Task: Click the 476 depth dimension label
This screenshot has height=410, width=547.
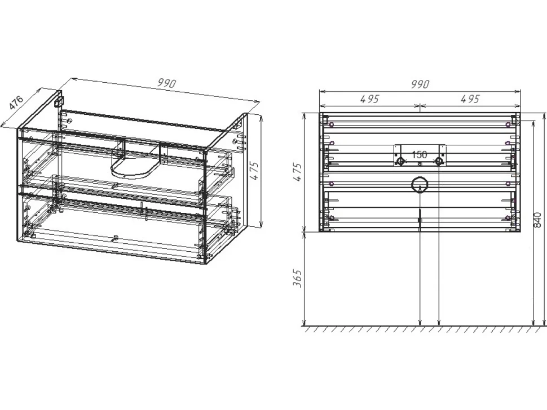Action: (16, 102)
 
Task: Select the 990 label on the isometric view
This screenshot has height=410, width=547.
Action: (167, 83)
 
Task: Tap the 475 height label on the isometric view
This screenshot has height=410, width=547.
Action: (255, 171)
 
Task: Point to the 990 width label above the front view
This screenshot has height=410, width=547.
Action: (420, 84)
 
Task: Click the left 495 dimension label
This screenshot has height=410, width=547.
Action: (369, 99)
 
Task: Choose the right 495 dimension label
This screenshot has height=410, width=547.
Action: (470, 99)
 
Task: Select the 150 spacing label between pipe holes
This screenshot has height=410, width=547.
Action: (420, 154)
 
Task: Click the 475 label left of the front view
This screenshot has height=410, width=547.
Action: (297, 172)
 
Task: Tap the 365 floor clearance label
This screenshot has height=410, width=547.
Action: (297, 278)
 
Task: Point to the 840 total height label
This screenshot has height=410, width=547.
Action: (537, 220)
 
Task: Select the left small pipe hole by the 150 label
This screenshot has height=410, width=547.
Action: (400, 161)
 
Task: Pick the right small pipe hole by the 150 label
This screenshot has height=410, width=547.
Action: (439, 161)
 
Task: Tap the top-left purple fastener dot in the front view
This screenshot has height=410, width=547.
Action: (331, 124)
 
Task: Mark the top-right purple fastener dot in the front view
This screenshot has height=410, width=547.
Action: (508, 124)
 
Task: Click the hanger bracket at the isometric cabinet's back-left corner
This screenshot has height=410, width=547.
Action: (59, 100)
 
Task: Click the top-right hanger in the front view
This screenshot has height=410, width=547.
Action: (514, 119)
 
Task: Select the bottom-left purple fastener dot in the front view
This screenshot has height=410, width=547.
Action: (332, 219)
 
